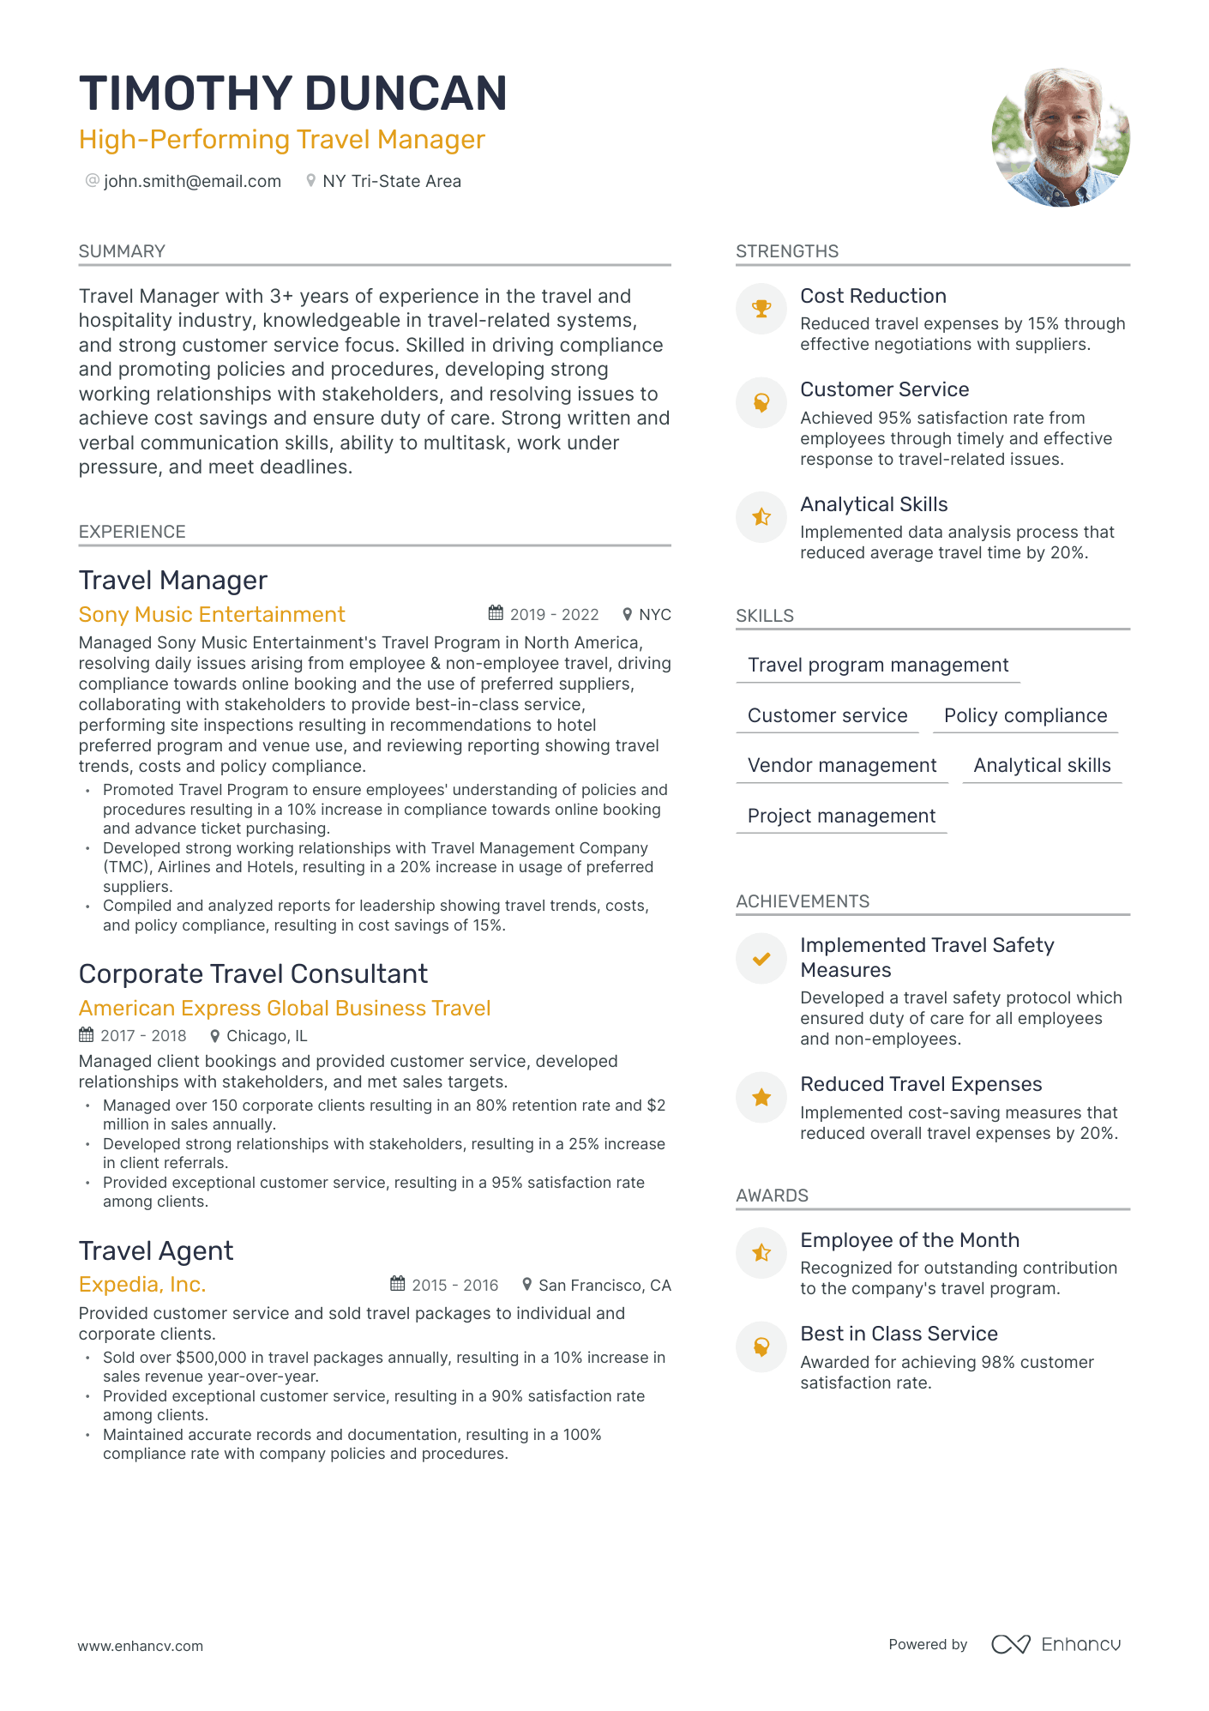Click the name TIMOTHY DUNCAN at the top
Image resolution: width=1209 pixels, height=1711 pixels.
292,93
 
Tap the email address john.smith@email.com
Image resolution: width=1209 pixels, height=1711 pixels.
192,181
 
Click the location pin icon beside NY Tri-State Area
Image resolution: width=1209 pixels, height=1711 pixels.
310,181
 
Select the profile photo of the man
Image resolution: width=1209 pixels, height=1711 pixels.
1060,137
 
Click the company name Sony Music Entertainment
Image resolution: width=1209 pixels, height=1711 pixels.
212,615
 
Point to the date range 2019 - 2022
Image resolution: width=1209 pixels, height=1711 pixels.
554,615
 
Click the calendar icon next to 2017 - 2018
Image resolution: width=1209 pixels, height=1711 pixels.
86,1035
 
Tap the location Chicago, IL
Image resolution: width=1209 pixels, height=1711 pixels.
266,1036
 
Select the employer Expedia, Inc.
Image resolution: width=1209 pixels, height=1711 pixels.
142,1285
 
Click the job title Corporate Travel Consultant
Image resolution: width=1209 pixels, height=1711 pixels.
253,974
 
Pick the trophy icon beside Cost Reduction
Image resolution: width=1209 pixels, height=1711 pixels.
761,309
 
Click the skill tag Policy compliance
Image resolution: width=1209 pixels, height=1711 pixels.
1026,716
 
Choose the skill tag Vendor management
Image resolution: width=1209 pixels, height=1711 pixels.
842,766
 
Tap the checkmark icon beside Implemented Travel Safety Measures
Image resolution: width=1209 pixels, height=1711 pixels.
761,959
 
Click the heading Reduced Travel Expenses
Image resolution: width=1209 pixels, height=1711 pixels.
921,1085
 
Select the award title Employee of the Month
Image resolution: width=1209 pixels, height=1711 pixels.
910,1240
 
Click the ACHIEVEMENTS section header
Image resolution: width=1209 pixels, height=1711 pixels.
803,901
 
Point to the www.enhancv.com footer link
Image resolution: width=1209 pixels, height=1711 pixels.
141,1646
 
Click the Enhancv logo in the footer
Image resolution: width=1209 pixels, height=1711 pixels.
1056,1644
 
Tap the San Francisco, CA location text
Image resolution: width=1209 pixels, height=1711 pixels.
604,1286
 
